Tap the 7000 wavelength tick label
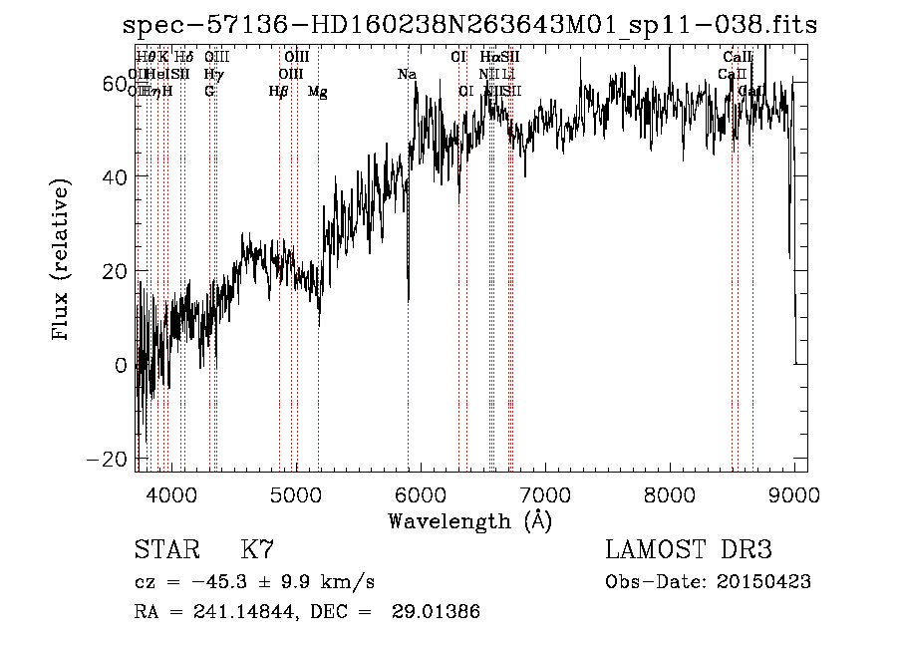[545, 494]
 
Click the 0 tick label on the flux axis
[121, 365]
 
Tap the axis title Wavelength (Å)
[469, 520]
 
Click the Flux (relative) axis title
[63, 261]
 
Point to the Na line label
[407, 74]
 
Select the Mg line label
[317, 92]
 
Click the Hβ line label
[278, 92]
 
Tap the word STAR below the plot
[165, 549]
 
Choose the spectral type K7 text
[257, 549]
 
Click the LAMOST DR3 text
[688, 549]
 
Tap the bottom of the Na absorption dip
[408, 299]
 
